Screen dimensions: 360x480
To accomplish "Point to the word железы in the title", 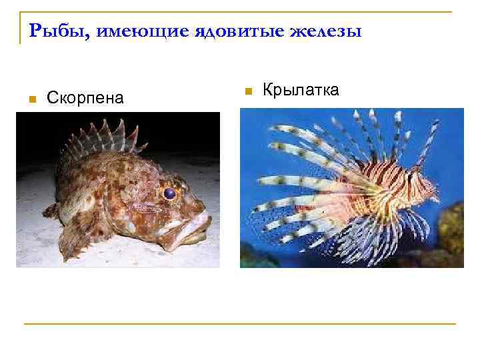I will click(327, 31).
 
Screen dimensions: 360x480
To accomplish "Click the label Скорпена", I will click(85, 98).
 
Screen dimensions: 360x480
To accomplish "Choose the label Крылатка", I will click(301, 89).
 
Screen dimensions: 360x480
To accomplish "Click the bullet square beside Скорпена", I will click(31, 99).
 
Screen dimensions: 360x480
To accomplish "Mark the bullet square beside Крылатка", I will click(246, 90).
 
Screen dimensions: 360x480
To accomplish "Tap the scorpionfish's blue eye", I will click(169, 193).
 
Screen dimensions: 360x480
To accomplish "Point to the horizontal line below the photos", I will click(240, 324).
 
